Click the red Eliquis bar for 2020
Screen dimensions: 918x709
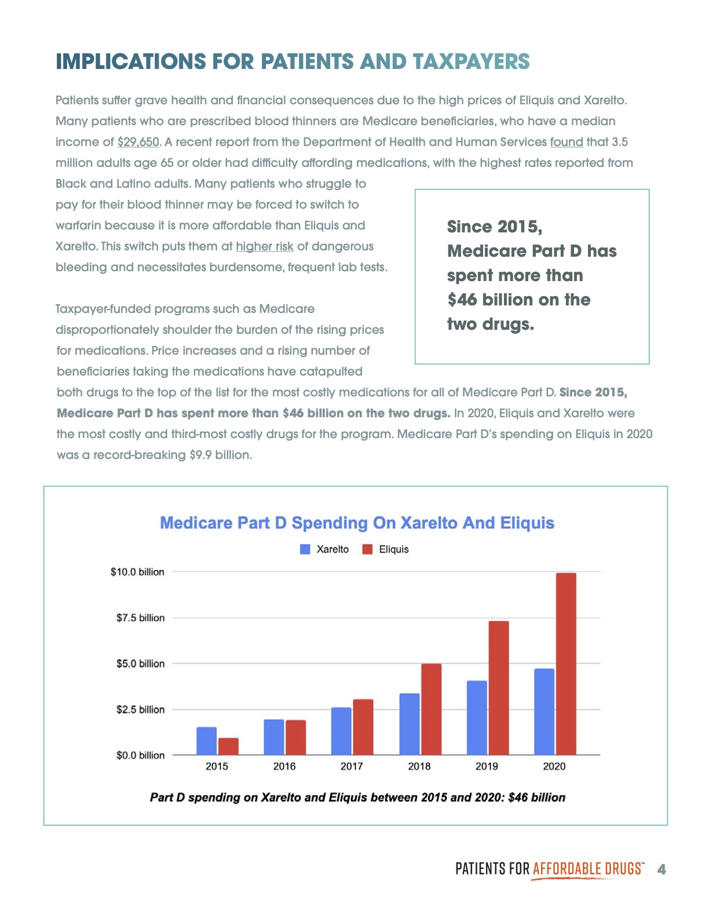566,664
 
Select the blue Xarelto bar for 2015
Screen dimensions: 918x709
206,741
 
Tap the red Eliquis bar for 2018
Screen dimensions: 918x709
431,709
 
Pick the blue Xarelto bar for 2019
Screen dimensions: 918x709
477,717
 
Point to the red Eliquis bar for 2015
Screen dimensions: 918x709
228,746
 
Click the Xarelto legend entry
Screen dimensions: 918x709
325,549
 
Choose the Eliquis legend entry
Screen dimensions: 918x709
386,549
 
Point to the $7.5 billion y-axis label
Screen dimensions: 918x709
140,618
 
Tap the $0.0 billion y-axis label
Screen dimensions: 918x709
140,755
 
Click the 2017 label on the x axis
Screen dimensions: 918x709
352,766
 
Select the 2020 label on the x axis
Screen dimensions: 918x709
554,766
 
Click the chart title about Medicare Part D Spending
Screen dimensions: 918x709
357,523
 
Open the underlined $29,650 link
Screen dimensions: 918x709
138,142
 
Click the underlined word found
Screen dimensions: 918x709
566,142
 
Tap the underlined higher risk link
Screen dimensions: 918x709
264,246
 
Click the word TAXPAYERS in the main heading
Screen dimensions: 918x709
471,61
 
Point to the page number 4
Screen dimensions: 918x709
662,869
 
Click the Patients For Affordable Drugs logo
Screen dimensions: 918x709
549,869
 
